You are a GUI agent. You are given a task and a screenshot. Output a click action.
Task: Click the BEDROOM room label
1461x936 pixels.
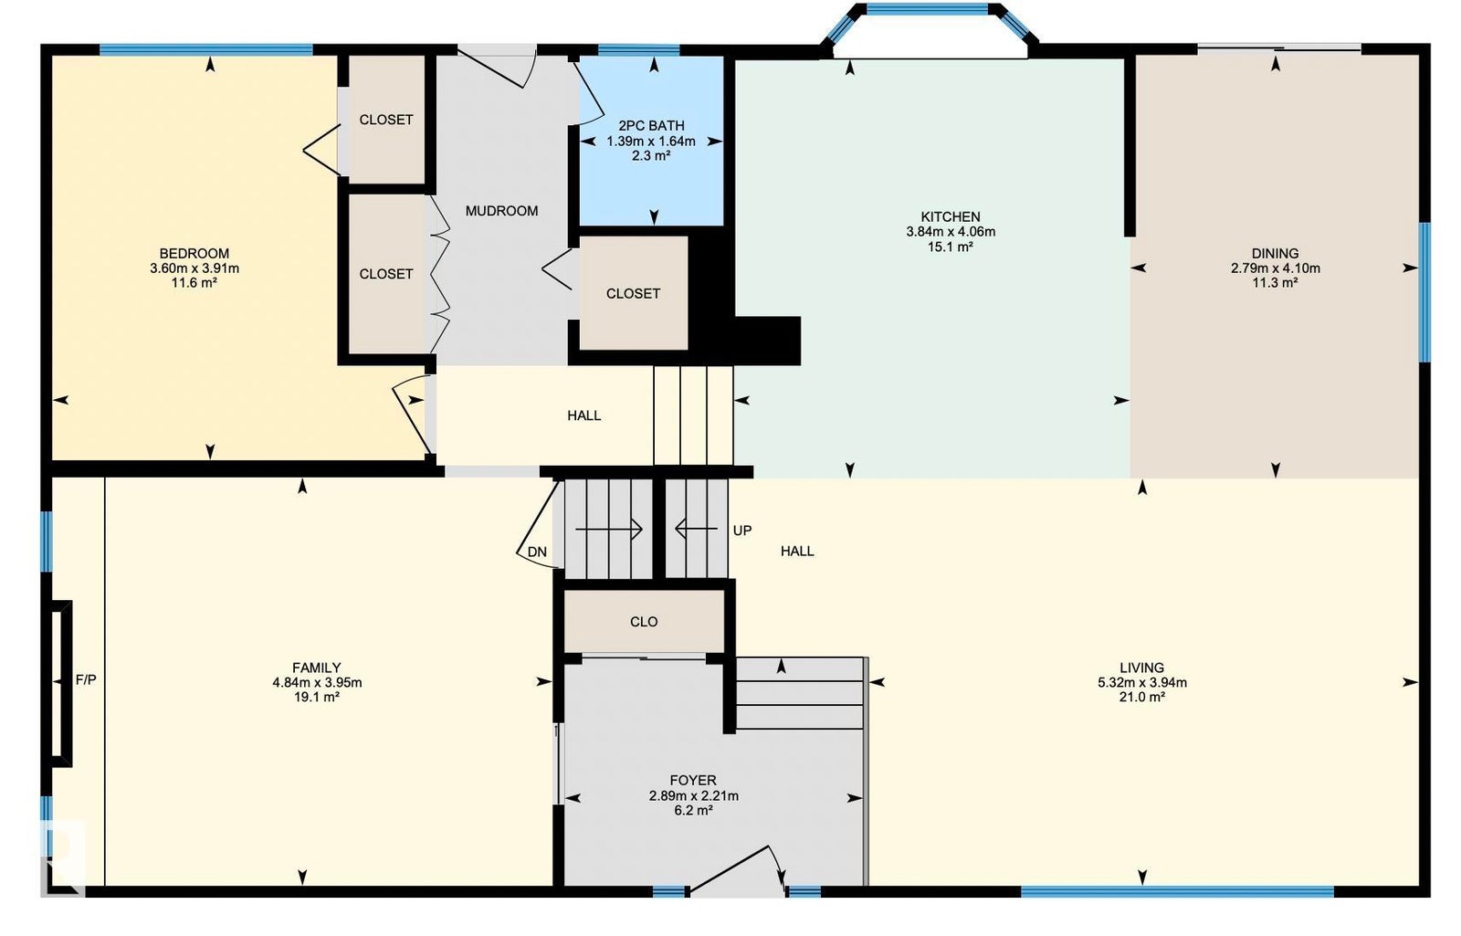pos(194,253)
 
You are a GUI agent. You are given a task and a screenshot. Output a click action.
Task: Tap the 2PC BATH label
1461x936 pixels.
pos(652,126)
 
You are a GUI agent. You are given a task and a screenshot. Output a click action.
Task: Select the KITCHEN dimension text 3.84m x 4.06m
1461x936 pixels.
pos(951,232)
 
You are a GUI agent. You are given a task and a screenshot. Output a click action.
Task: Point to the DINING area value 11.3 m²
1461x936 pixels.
pos(1275,283)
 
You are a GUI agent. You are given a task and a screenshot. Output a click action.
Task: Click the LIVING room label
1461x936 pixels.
pos(1142,668)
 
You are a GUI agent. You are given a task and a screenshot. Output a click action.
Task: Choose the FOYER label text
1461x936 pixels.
pos(693,780)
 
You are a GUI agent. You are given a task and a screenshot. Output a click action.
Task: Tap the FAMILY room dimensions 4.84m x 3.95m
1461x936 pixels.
pos(317,683)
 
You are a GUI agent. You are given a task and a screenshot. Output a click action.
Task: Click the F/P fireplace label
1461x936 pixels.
pos(86,679)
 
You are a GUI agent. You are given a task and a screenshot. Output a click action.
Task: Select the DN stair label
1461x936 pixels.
pos(537,552)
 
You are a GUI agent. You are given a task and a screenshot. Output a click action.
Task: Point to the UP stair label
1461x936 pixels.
pos(742,531)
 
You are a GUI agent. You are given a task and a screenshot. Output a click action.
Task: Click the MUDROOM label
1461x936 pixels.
pos(501,211)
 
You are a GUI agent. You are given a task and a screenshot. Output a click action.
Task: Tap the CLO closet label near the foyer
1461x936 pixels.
pos(644,622)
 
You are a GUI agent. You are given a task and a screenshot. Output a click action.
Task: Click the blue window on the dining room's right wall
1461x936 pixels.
pos(1425,291)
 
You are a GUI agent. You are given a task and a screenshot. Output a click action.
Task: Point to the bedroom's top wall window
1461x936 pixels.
pos(206,49)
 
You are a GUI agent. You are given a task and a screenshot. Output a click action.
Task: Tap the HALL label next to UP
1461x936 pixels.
pos(797,552)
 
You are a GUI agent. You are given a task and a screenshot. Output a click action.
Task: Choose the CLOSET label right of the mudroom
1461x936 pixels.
pos(634,293)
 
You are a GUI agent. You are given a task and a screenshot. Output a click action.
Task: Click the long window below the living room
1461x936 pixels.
pos(1177,891)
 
